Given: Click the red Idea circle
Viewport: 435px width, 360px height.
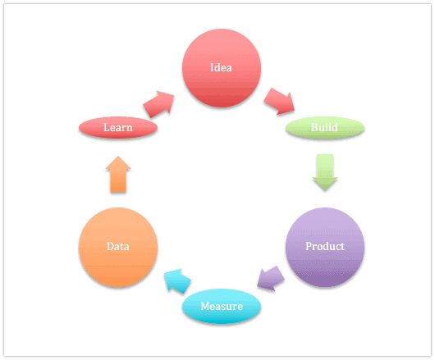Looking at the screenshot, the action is tap(222, 68).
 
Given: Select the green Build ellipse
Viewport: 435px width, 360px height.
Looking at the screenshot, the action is tap(325, 127).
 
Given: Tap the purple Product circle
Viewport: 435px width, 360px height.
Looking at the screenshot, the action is tap(325, 247).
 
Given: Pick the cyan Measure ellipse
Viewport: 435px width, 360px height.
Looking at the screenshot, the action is tap(222, 306).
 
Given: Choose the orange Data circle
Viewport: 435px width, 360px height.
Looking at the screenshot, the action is tap(118, 247).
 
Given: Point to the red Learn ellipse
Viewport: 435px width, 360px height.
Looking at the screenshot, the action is tap(118, 127).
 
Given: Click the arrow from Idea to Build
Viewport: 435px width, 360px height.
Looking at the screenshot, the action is tap(279, 101).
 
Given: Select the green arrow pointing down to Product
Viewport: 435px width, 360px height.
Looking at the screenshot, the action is tap(325, 172).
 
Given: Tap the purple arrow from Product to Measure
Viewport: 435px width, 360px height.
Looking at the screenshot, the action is tap(271, 279).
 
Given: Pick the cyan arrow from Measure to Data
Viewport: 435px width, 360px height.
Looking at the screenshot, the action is tap(177, 280).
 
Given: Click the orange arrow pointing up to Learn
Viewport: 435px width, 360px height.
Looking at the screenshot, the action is tap(118, 174).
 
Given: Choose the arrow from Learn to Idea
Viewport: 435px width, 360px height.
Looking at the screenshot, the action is tap(158, 104).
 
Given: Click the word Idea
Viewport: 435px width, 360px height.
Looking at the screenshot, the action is tap(221, 67).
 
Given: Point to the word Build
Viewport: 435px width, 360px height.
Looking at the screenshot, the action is tap(324, 127).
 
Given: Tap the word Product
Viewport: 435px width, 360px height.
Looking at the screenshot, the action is tap(325, 246).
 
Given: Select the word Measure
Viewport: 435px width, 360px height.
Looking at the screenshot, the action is tap(222, 306).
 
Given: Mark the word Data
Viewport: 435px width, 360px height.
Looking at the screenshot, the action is tap(118, 246).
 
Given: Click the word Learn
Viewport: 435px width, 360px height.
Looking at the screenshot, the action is tap(118, 127).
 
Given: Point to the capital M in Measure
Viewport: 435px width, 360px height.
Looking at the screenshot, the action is tap(205, 306).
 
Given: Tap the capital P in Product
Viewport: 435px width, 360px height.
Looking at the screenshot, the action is tap(309, 246).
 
